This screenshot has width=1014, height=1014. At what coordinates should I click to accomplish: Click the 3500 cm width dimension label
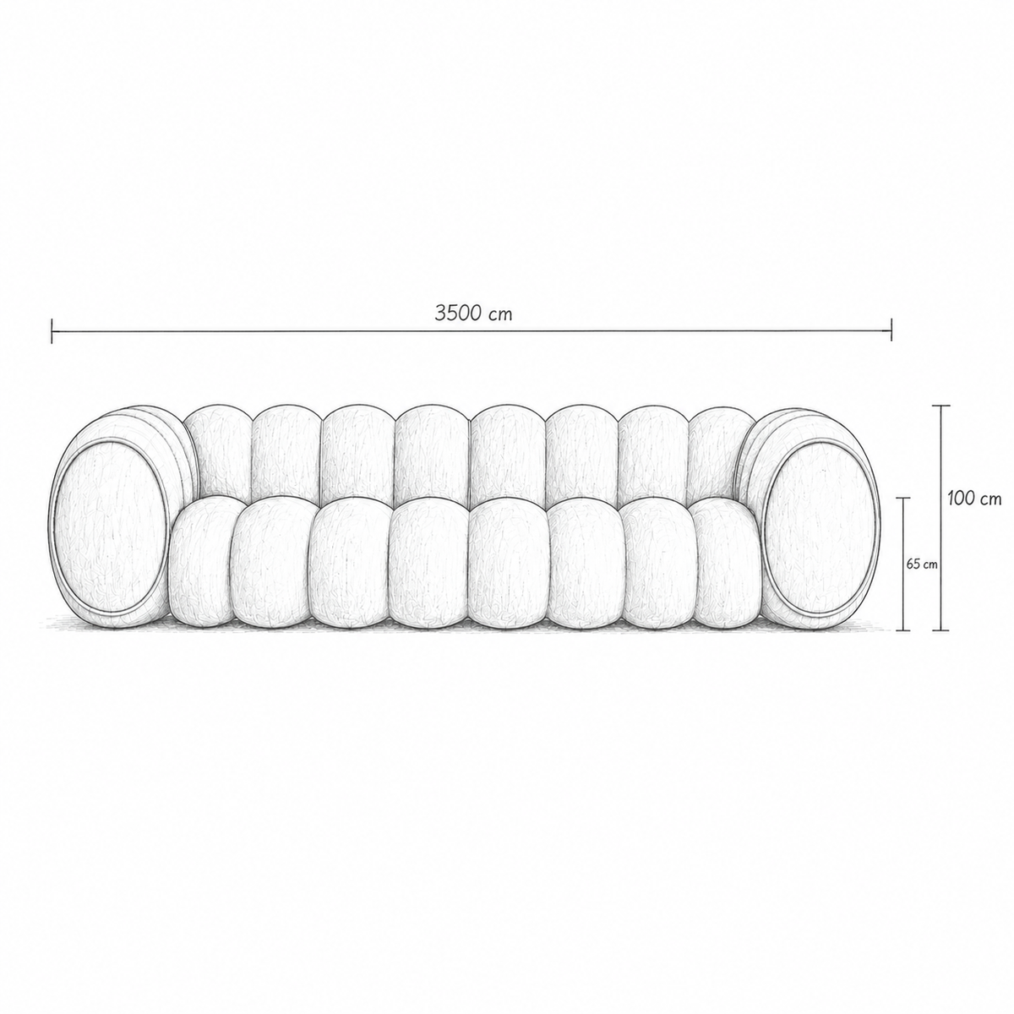[473, 314]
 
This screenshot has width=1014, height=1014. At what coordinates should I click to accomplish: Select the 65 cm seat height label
[922, 564]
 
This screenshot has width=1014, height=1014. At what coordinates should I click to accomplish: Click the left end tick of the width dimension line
[52, 331]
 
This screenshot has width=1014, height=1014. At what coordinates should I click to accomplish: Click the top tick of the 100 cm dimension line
[941, 406]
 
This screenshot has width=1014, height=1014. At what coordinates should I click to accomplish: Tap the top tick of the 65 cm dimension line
[903, 497]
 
